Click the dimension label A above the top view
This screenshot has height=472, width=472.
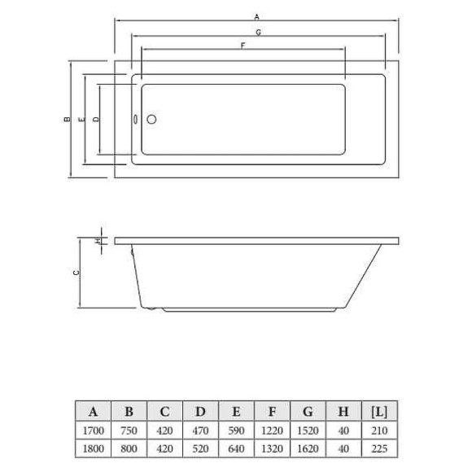[256, 16]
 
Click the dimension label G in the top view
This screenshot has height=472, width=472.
[256, 32]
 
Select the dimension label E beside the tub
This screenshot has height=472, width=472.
[81, 119]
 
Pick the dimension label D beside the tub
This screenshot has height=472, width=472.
[96, 119]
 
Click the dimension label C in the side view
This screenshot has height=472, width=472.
[76, 273]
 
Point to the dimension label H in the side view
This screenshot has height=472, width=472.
[97, 241]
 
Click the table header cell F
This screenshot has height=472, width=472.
[272, 411]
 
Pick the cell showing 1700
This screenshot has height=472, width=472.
[94, 430]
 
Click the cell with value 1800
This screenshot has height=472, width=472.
[94, 448]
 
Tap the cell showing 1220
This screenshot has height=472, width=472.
[272, 430]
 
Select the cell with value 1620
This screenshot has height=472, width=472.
[307, 448]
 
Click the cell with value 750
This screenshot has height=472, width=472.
[129, 430]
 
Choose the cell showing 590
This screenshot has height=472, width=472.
[236, 430]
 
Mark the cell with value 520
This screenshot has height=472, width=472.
[200, 448]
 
